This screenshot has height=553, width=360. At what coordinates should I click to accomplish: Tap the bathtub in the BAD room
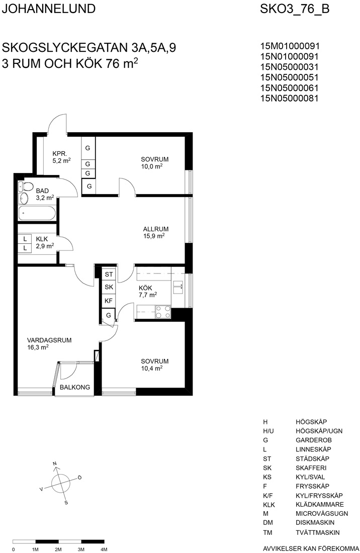pyautogui.click(x=37, y=213)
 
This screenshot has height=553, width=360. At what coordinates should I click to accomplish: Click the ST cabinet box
pyautogui.click(x=109, y=274)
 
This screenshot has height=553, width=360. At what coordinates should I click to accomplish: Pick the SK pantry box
pyautogui.click(x=109, y=287)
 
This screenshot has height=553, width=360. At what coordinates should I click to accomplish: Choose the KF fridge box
pyautogui.click(x=109, y=301)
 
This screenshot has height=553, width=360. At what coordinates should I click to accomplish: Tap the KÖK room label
pyautogui.click(x=145, y=288)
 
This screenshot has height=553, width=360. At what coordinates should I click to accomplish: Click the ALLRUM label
pyautogui.click(x=155, y=229)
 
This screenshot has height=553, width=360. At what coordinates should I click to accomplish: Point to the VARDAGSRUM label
pyautogui.click(x=49, y=340)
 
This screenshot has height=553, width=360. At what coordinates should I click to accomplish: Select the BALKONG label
pyautogui.click(x=75, y=387)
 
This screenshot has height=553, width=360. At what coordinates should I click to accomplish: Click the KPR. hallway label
pyautogui.click(x=60, y=153)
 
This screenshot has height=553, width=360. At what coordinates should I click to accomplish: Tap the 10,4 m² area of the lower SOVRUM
pyautogui.click(x=152, y=368)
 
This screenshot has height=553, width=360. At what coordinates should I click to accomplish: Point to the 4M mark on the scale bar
pyautogui.click(x=104, y=549)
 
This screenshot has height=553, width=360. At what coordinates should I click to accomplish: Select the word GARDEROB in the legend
pyautogui.click(x=313, y=440)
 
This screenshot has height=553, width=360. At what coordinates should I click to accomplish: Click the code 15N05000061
pyautogui.click(x=289, y=88)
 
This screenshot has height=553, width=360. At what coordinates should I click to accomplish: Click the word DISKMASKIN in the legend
pyautogui.click(x=315, y=523)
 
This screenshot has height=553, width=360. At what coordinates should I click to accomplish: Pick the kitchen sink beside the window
pyautogui.click(x=178, y=287)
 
